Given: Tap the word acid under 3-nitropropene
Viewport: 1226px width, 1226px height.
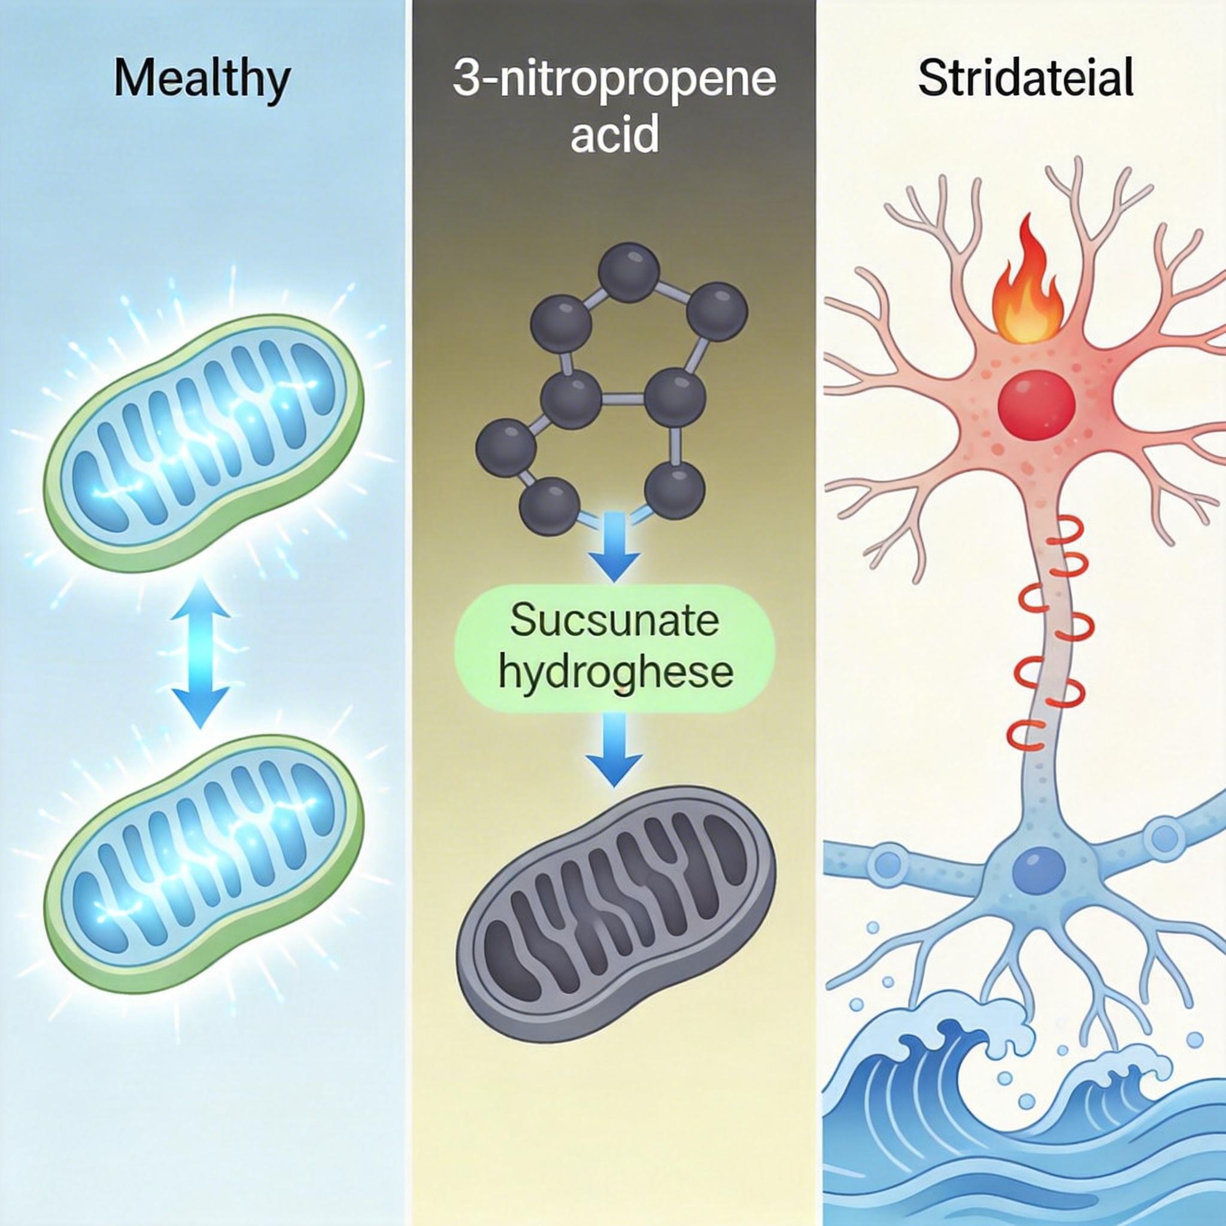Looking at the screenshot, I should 614,134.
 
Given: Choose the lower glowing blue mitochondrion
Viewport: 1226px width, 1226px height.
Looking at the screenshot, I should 203,863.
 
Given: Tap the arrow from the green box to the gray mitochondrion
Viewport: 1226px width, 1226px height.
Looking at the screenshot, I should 614,749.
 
